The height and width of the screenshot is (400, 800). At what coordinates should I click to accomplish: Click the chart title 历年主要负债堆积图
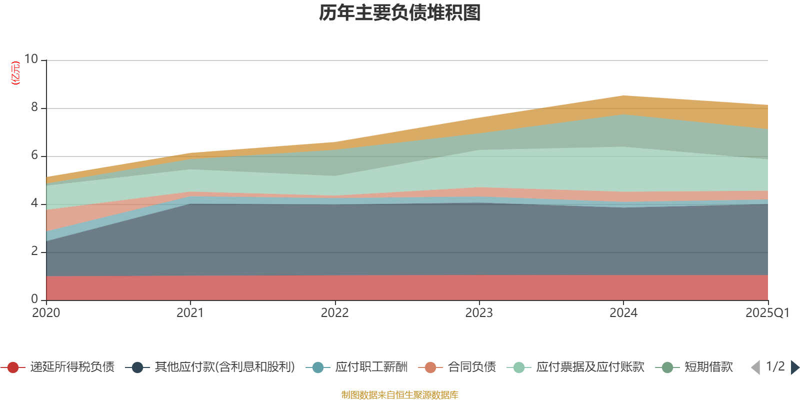click(x=400, y=13)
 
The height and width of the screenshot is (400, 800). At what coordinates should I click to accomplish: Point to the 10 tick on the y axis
click(x=31, y=59)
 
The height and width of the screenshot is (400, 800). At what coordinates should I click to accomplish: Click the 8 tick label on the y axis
click(x=34, y=107)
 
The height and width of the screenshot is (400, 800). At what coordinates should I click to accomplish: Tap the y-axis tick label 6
click(x=34, y=155)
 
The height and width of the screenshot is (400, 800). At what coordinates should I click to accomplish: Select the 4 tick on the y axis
click(x=34, y=203)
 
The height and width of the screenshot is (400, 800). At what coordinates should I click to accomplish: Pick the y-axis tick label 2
click(x=34, y=251)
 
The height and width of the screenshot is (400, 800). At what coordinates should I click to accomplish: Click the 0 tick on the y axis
click(x=34, y=299)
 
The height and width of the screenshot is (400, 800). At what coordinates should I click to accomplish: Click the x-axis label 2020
click(x=46, y=313)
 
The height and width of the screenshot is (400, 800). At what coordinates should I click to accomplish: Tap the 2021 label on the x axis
click(x=190, y=313)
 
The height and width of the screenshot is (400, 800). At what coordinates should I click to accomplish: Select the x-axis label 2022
click(x=334, y=313)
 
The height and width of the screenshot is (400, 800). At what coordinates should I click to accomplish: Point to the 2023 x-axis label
click(x=479, y=313)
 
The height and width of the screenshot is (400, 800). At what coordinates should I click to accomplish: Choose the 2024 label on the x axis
click(x=623, y=313)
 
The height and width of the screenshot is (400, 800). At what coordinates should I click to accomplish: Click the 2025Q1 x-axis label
click(x=767, y=313)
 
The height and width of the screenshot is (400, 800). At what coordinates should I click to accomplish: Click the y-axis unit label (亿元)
click(x=15, y=73)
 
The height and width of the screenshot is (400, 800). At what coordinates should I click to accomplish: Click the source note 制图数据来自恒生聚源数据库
click(x=400, y=395)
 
